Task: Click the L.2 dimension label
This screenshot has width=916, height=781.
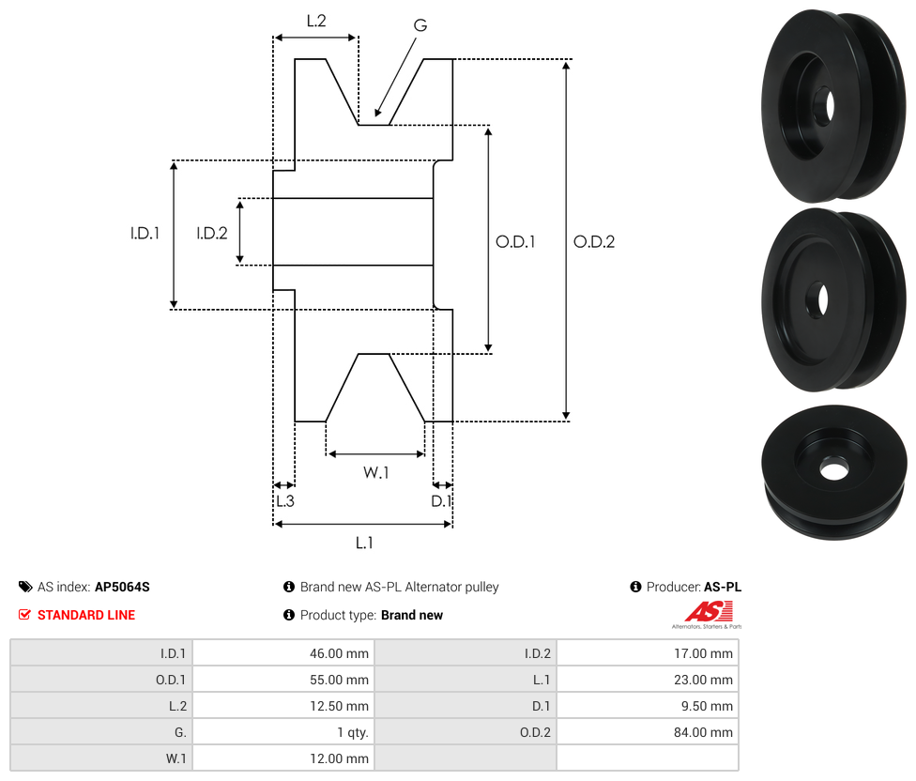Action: click(315, 21)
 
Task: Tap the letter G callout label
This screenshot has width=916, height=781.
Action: click(420, 25)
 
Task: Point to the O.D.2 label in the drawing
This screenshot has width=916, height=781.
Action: click(594, 241)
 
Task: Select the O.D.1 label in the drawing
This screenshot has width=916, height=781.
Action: click(515, 241)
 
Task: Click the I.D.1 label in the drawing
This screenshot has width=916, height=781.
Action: click(145, 234)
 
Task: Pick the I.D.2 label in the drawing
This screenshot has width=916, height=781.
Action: click(211, 234)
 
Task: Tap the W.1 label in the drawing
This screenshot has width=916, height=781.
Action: click(375, 472)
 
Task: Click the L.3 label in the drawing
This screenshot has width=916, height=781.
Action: click(284, 501)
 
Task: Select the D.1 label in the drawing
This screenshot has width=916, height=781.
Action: click(441, 501)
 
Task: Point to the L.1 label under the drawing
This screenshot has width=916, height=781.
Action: click(364, 542)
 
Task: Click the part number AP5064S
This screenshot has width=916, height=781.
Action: click(122, 587)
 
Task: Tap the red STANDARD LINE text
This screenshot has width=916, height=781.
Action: click(86, 615)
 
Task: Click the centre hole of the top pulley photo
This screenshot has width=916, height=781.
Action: click(823, 107)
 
